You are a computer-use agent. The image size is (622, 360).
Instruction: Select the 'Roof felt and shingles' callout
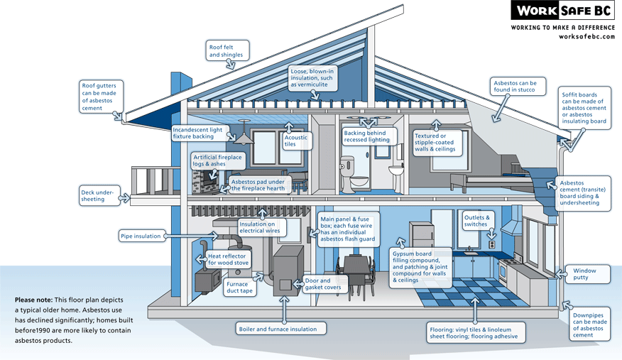pos(227,51)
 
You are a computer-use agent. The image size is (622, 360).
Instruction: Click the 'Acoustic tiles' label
pos(297,140)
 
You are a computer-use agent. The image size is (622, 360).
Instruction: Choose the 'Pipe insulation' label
pos(142,236)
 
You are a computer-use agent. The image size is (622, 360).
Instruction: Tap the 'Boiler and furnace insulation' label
pos(281,329)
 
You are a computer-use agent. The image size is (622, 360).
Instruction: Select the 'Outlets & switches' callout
pos(476,220)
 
